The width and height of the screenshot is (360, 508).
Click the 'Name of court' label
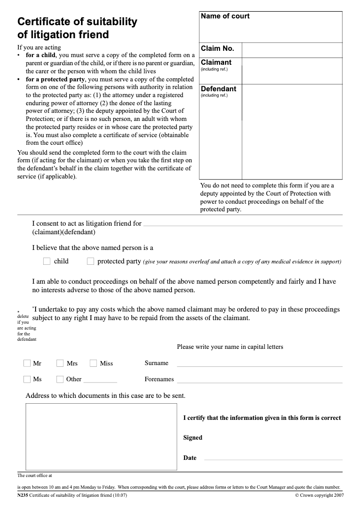tap(225, 16)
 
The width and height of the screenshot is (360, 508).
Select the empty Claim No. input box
tap(292, 49)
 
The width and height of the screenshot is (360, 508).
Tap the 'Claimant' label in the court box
tap(216, 62)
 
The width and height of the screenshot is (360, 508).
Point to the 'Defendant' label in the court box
tap(218, 89)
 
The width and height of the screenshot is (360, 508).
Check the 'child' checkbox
tap(47, 261)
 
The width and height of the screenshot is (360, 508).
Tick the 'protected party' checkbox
tap(90, 261)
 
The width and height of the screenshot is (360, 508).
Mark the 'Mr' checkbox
tap(27, 363)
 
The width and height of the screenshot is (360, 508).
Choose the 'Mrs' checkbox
tap(60, 363)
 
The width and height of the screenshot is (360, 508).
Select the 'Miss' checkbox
tap(94, 363)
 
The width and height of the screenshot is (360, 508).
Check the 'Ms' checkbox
tap(27, 379)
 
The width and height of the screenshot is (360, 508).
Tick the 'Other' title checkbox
tap(60, 379)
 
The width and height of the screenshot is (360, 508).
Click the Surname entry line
tap(259, 365)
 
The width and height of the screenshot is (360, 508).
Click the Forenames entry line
tap(259, 382)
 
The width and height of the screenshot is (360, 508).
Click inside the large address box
tap(101, 437)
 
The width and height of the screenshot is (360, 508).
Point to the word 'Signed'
tap(193, 438)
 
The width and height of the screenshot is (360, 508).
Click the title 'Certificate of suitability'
tap(77, 22)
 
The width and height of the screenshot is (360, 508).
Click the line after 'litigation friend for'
tap(243, 224)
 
